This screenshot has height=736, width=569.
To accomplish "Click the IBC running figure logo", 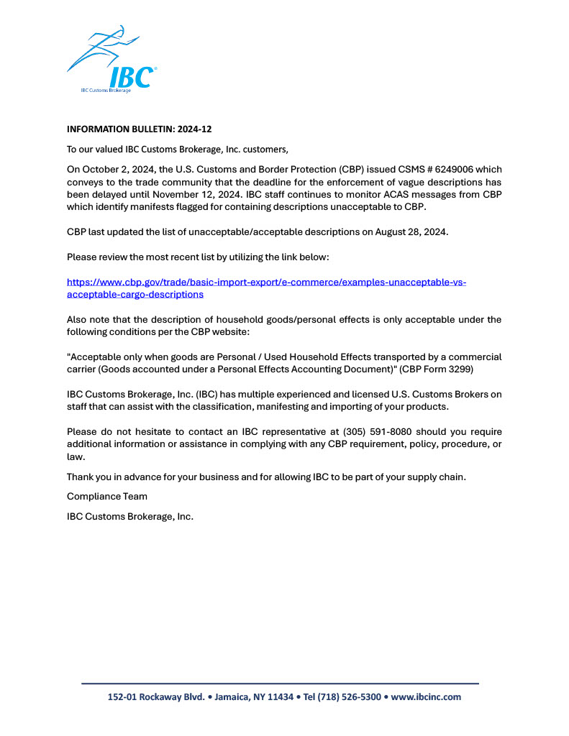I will click(x=111, y=60).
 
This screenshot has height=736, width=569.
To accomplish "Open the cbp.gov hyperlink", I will click(x=266, y=288).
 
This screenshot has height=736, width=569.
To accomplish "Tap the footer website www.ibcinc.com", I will click(x=426, y=696).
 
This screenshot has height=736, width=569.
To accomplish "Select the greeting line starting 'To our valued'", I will click(x=177, y=149).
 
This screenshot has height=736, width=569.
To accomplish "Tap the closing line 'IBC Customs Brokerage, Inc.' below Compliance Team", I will click(x=130, y=516).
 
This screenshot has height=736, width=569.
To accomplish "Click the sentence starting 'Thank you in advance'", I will click(x=266, y=477).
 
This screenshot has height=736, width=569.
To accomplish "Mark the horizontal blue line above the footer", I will click(x=280, y=683).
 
